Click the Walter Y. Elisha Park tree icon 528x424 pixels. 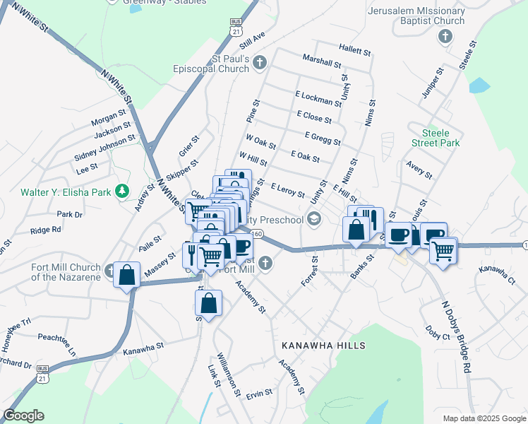[x=122, y=192]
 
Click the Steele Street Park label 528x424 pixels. [x=440, y=138]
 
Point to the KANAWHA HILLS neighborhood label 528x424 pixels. [x=323, y=346]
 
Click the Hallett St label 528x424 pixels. [x=354, y=51]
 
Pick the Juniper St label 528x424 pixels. [x=430, y=85]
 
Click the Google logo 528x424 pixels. [x=23, y=416]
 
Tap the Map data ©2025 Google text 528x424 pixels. [x=484, y=418]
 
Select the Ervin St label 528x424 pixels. [x=259, y=394]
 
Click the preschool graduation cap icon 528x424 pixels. [x=314, y=220]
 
